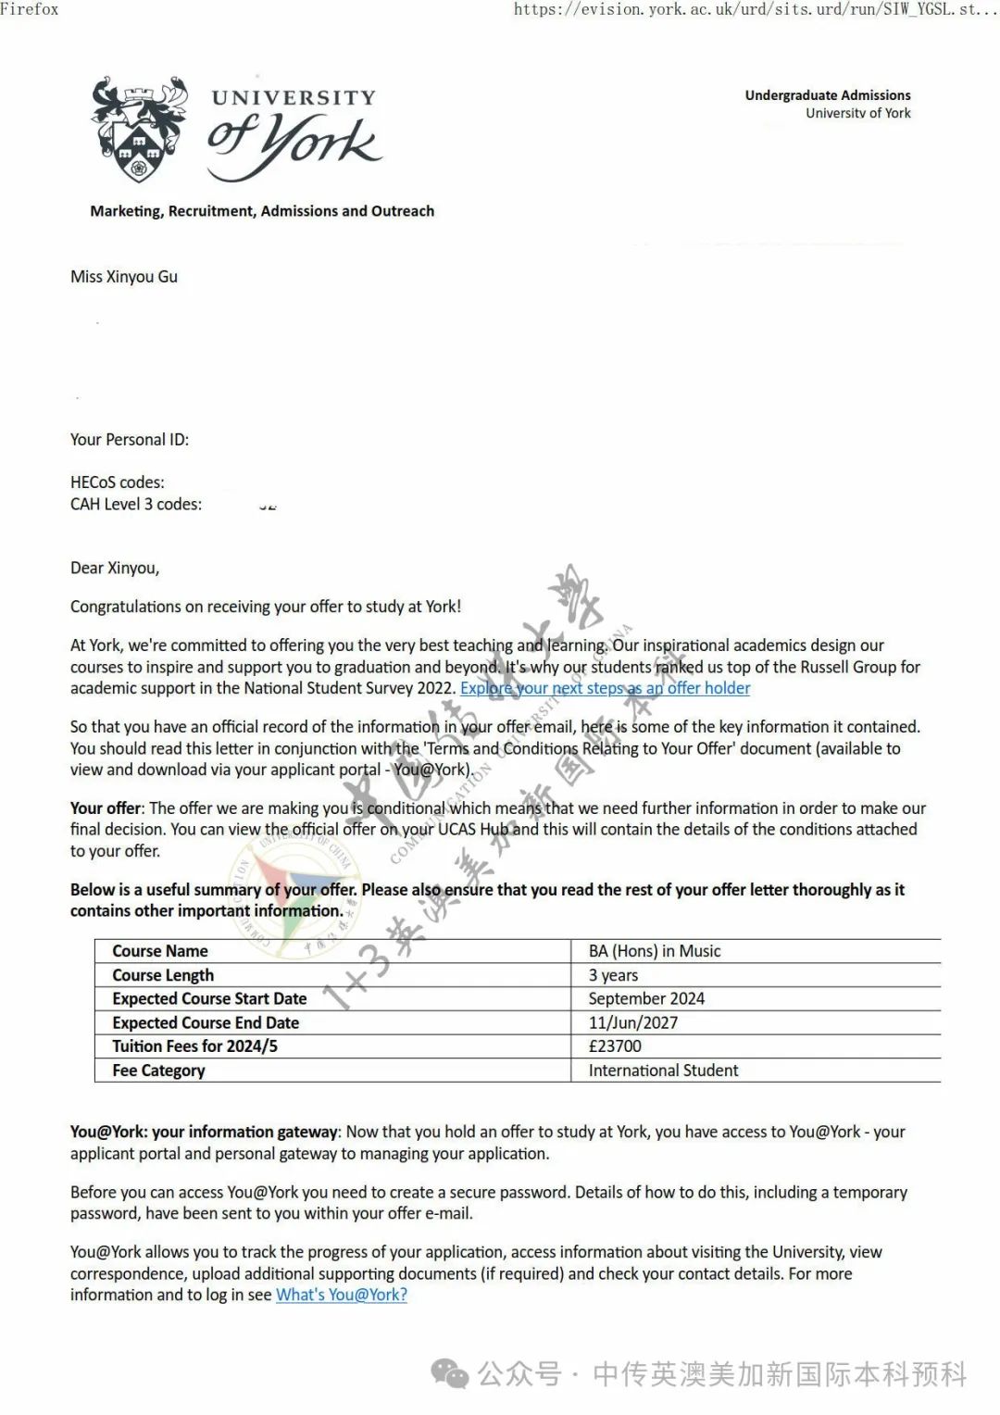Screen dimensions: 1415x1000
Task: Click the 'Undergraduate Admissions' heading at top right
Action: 827,95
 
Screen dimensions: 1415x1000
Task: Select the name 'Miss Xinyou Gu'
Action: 124,277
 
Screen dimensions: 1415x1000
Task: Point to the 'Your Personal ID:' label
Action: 130,440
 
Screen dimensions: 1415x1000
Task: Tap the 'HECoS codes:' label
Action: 118,482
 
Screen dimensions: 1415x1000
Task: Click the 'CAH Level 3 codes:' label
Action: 136,505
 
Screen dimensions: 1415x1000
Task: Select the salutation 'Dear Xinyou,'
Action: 115,569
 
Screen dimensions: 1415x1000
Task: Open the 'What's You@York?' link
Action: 342,1295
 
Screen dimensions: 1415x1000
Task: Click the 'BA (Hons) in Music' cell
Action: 654,951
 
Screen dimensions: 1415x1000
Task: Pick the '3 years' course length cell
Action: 613,975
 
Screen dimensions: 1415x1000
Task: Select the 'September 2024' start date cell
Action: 646,999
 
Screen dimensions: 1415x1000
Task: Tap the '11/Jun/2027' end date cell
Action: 633,1023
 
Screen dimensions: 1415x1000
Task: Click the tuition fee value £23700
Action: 615,1046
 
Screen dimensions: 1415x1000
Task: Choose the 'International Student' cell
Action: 663,1071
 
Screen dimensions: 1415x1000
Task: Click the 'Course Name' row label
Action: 160,951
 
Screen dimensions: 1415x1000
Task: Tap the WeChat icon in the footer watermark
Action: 451,1374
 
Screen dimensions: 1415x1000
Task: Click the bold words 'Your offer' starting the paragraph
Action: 106,808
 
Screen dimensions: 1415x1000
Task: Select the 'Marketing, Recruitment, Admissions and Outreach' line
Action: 262,211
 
